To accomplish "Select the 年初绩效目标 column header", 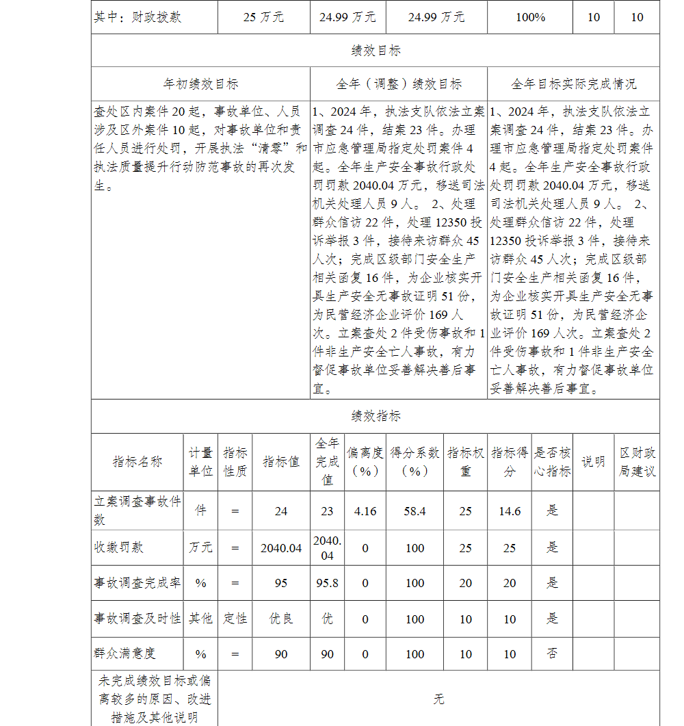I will pos(200,84).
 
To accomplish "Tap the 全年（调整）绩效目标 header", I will pos(399,84).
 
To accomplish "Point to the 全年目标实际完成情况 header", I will pos(573,84).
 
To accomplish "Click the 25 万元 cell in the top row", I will pos(263,17).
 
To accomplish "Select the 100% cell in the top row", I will pos(530,17).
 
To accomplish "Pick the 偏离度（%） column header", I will pos(365,462).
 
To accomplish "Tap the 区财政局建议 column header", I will pos(637,462).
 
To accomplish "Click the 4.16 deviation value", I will pos(365,511).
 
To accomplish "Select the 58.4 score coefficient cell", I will pos(415,511).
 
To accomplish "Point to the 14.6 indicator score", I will pos(510,511).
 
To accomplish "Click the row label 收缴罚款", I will pos(119,547).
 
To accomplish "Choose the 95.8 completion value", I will pos(328,583).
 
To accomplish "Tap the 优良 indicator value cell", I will pos(280,619).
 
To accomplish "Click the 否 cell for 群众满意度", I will pos(552,653).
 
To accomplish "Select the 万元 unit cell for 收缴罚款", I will pos(200,547).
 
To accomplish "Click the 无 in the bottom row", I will pos(438,699).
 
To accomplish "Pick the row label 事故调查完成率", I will pos(137,583).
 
